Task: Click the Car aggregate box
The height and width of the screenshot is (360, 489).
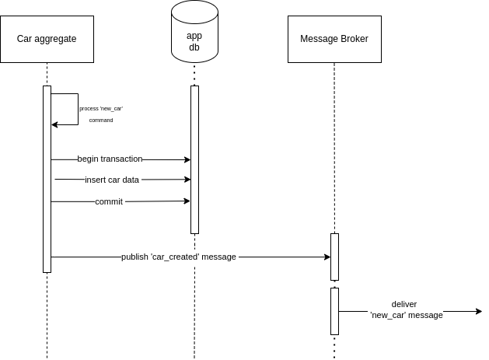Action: [x=47, y=39]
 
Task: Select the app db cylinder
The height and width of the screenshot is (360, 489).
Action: [x=194, y=31]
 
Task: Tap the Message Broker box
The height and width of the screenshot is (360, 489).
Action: [x=334, y=39]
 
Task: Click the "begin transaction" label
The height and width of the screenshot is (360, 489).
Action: [x=110, y=159]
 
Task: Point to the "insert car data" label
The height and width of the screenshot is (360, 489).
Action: [x=112, y=180]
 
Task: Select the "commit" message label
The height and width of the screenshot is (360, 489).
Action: [x=109, y=201]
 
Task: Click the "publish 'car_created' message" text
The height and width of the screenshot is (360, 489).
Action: [x=178, y=257]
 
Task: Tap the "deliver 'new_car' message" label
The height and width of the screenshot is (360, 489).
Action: [x=406, y=309]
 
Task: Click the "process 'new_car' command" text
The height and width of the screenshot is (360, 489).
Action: [x=101, y=114]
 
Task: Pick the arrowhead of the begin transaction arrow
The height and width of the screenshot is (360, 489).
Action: [x=187, y=159]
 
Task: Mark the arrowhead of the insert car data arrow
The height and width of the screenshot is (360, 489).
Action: [x=187, y=180]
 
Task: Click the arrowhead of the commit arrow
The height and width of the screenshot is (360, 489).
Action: [x=187, y=201]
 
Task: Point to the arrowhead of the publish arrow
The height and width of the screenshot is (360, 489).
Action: [x=327, y=257]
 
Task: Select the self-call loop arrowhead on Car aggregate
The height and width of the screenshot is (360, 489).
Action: [x=54, y=124]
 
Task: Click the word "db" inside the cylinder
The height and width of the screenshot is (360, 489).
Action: [x=194, y=47]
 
